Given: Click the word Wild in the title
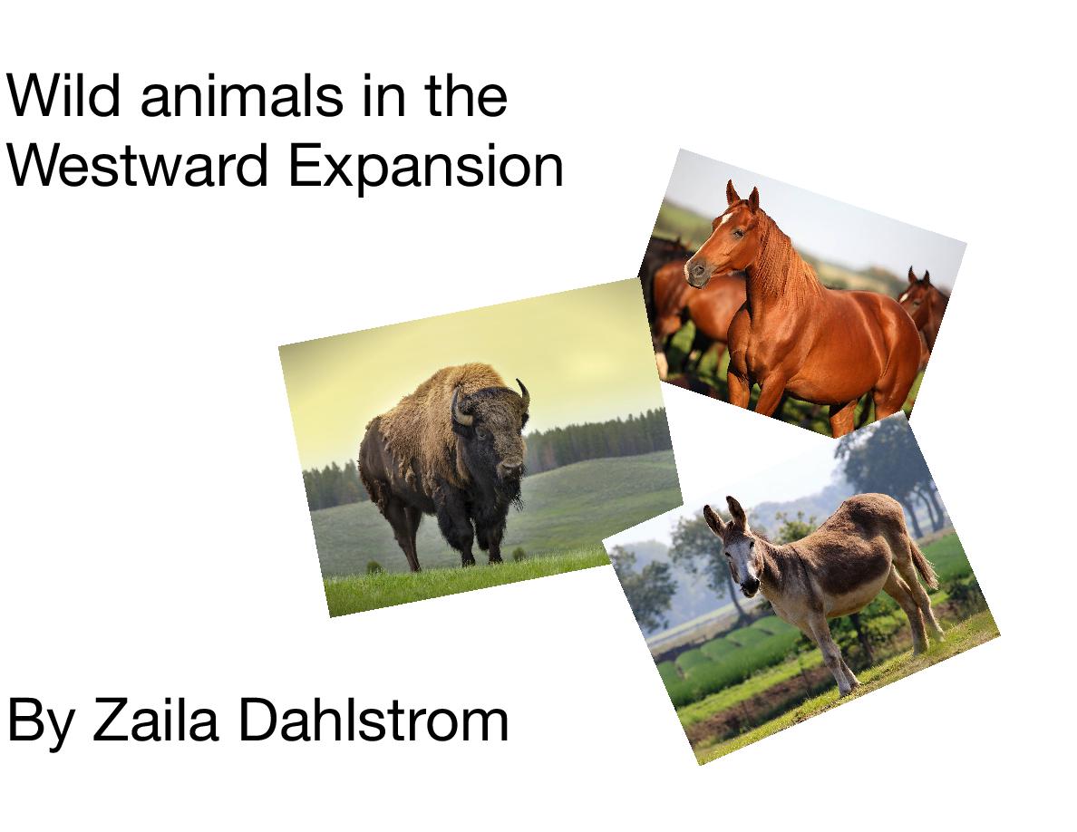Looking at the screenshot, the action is tap(63, 95).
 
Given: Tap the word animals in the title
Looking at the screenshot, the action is tap(242, 96).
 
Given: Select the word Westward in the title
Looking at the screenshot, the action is tap(137, 166).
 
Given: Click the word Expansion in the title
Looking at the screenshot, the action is tap(426, 169).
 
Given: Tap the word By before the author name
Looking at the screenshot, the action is tap(41, 723).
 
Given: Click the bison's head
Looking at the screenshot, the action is tap(492, 429).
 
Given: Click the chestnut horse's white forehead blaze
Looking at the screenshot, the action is tap(725, 218).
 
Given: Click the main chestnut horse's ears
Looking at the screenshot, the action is tap(742, 196).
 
